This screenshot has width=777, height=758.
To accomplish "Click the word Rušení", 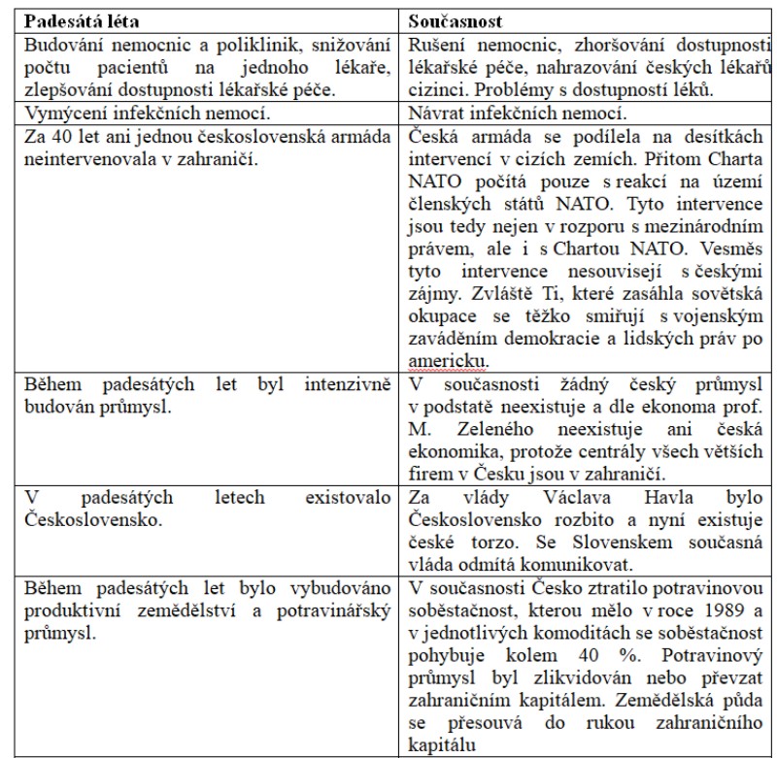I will [x=437, y=46].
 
